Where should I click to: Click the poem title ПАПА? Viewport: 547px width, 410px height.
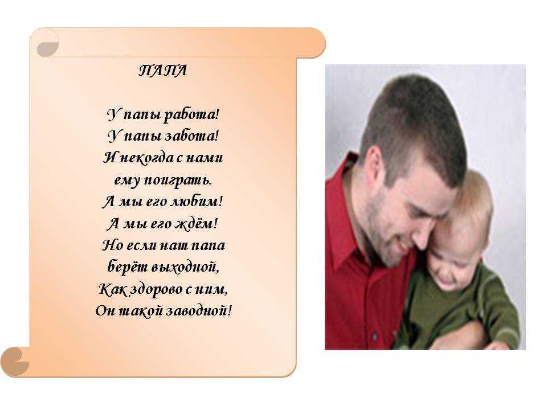tap(162, 71)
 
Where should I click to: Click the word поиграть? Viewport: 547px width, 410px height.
tap(178, 181)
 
